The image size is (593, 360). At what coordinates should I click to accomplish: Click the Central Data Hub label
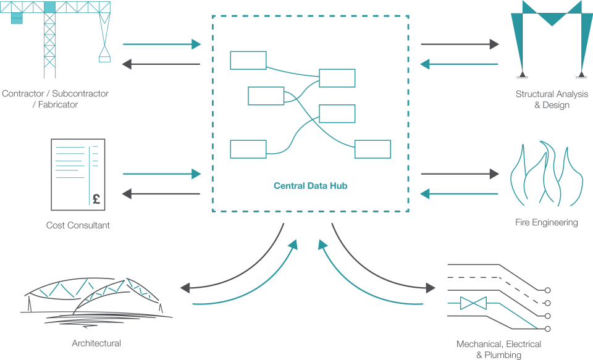(310, 185)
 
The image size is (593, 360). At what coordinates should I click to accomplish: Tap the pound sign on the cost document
(96, 199)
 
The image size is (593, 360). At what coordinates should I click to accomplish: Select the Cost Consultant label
(78, 225)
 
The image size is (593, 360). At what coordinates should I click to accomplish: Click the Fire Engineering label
(547, 222)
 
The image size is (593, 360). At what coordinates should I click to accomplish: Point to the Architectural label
(96, 343)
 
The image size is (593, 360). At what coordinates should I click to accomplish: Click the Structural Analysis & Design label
(552, 99)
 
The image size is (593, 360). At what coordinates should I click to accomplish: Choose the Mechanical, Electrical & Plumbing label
(498, 349)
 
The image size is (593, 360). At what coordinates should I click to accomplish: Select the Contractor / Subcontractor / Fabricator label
(55, 99)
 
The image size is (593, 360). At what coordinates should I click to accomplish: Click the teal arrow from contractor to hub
(162, 44)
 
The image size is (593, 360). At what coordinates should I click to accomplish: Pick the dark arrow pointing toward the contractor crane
(162, 64)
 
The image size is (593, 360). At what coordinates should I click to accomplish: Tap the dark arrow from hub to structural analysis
(460, 44)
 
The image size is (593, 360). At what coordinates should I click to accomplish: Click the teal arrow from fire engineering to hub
(460, 194)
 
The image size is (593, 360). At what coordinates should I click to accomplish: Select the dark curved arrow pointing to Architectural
(235, 272)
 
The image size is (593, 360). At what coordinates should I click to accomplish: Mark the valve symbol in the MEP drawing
(473, 303)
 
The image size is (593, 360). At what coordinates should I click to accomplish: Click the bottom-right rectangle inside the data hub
(372, 149)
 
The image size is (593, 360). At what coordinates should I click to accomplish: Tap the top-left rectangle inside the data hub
(248, 61)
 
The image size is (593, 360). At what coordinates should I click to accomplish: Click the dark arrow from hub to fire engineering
(460, 174)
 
